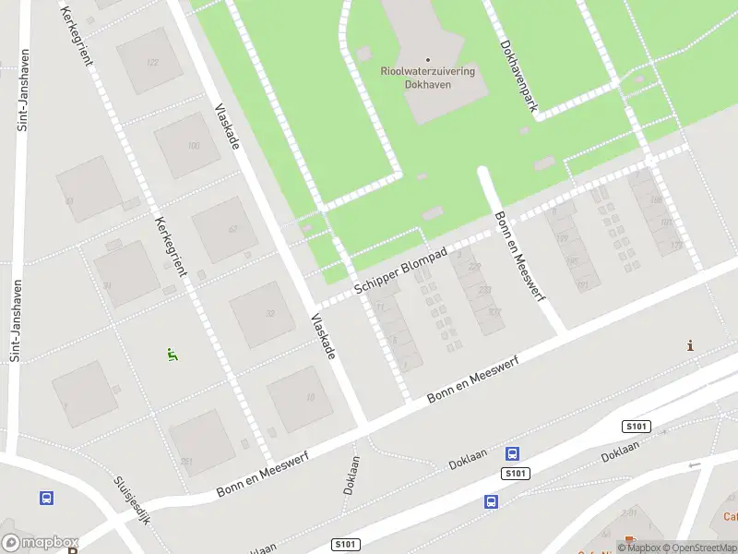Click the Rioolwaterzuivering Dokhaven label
pos(427,77)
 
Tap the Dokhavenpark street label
pos(518,76)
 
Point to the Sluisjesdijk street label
pos(132,500)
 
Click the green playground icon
pos(173,354)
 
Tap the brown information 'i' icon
pos(690,345)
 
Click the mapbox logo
pos(41,543)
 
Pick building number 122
pos(152,62)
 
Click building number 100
pos(193,145)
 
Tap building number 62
pos(232,229)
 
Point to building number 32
pos(269,314)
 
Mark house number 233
pos(485,289)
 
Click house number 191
pos(583,285)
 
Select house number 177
pos(676,245)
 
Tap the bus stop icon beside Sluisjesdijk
pos(46,498)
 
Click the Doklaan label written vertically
pos(351,474)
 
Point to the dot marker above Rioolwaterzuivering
pos(427,60)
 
